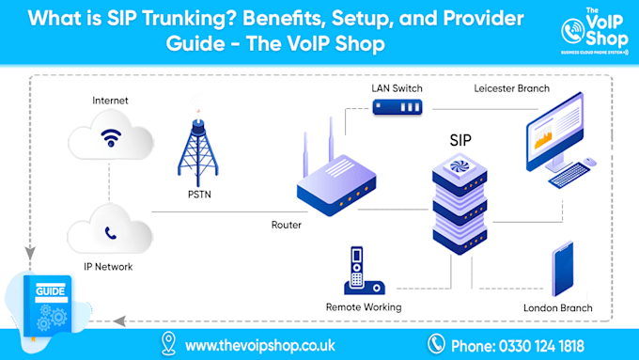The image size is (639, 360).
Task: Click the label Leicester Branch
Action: (x=512, y=89)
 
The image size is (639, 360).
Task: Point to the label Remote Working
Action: (x=364, y=307)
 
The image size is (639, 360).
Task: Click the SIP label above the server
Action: (x=460, y=140)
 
